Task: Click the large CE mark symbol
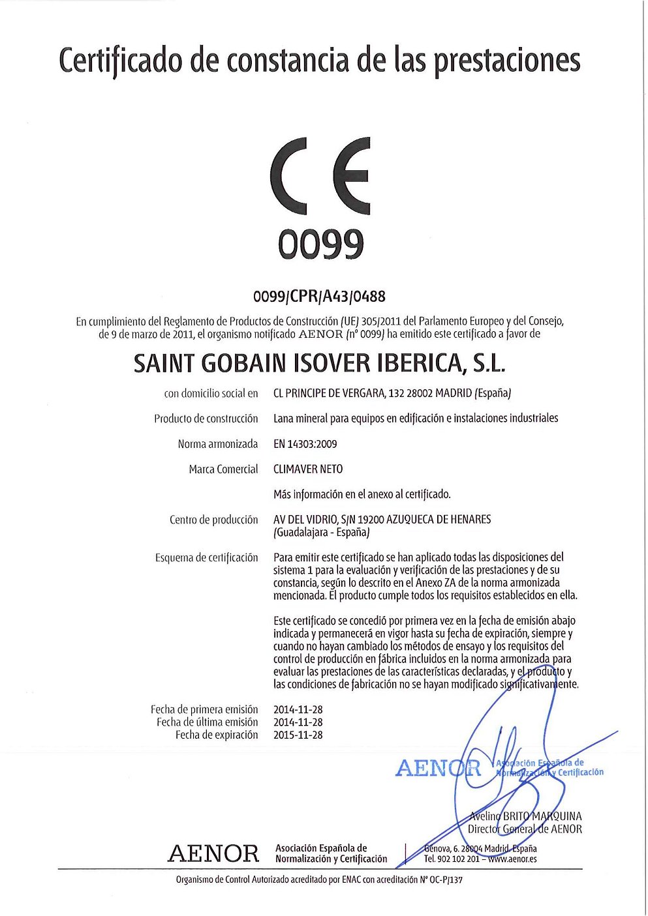[320, 180]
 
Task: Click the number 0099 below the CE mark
[320, 245]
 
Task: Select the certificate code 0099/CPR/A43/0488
[319, 297]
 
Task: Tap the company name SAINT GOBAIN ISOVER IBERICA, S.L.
[319, 363]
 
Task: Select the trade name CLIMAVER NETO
[307, 469]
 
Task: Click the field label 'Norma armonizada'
[218, 444]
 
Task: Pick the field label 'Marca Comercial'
[223, 469]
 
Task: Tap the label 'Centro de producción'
[213, 520]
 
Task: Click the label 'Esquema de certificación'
[206, 558]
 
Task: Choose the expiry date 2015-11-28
[298, 735]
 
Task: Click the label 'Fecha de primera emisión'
[204, 709]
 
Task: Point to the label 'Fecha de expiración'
[217, 735]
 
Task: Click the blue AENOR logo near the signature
[438, 768]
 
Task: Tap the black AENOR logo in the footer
[213, 853]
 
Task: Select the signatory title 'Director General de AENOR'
[525, 829]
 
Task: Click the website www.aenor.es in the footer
[512, 859]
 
